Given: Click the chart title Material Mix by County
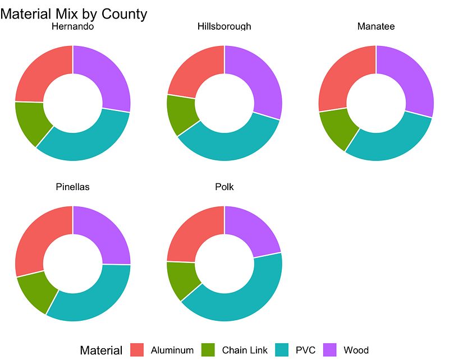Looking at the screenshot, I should point(74,13).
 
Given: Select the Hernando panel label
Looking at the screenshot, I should point(72,26).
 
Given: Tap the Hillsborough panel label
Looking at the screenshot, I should point(224,26).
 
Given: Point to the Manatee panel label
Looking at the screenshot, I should point(376,26).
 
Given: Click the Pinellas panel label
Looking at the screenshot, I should point(72,187).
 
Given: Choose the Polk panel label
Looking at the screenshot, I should point(224,187).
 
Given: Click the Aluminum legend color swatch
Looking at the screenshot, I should point(138,350).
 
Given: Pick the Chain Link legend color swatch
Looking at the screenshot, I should point(209,350).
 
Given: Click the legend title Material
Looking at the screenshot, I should point(101,350).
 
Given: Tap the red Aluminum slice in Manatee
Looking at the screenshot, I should point(342,79).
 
